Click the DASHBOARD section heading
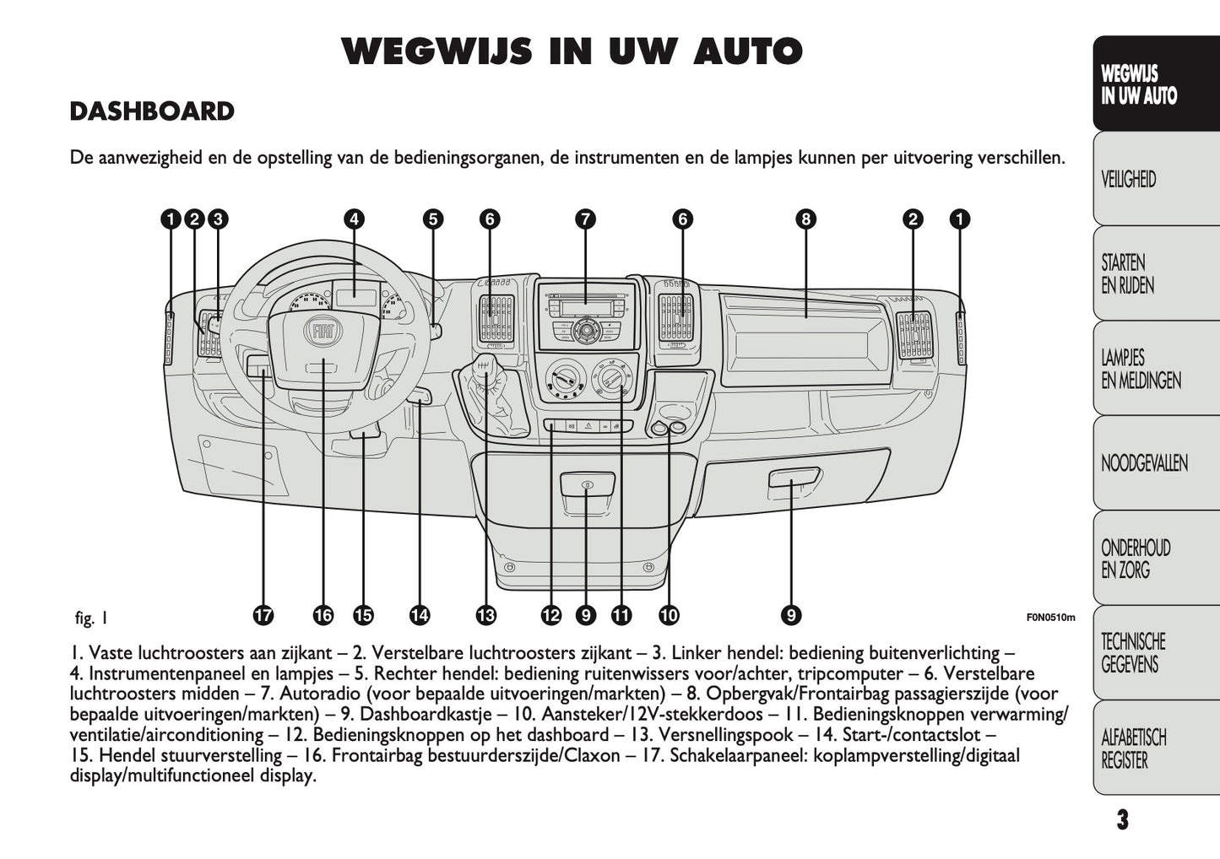tap(152, 111)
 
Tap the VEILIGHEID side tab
tap(1128, 180)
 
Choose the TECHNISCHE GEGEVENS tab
tap(1133, 653)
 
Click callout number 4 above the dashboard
tap(354, 219)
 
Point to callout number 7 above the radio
tap(585, 219)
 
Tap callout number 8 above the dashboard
tap(805, 219)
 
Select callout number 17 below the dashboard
tap(263, 615)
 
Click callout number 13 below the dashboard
tap(485, 615)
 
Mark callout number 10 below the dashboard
tap(669, 615)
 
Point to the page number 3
tap(1121, 819)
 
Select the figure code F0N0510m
tap(1050, 617)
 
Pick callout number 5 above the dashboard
tap(432, 219)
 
